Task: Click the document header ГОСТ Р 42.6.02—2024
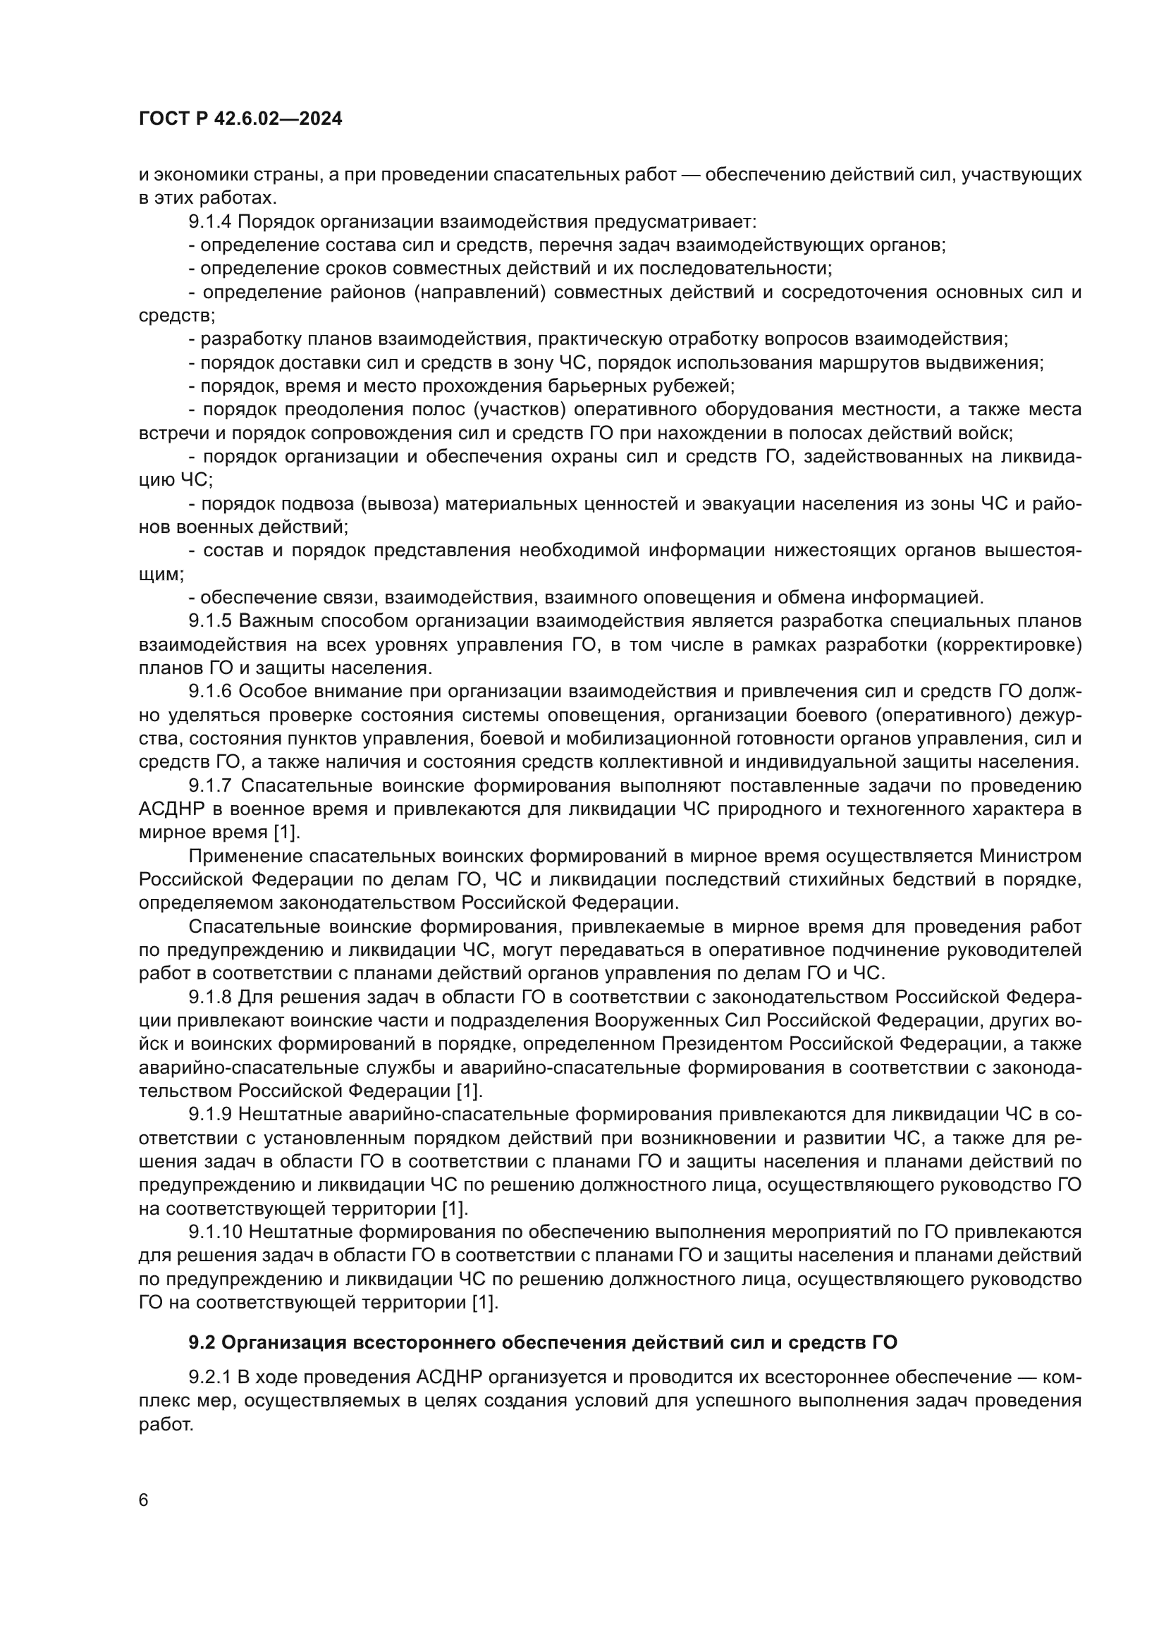pyautogui.click(x=240, y=119)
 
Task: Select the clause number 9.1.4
pyautogui.click(x=210, y=222)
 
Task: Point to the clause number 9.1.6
pyautogui.click(x=210, y=692)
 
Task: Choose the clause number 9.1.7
pyautogui.click(x=210, y=785)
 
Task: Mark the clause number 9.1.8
pyautogui.click(x=210, y=998)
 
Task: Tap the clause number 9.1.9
pyautogui.click(x=210, y=1115)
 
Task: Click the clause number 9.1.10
pyautogui.click(x=216, y=1232)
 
